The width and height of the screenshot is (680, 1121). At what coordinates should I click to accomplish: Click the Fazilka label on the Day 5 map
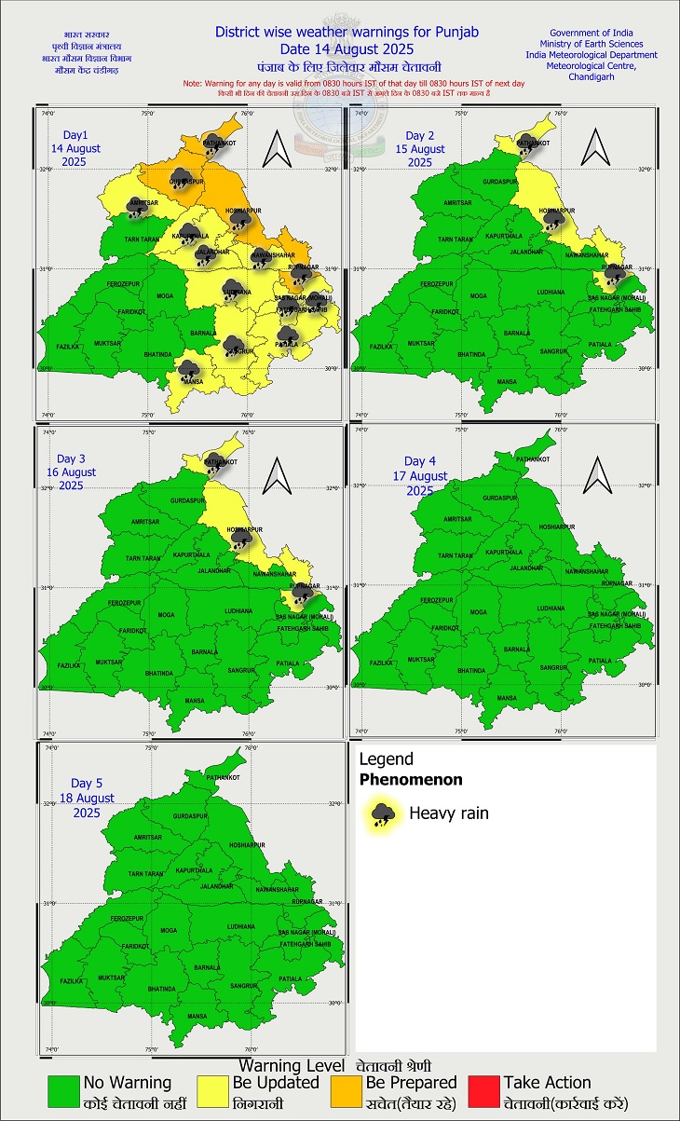[71, 981]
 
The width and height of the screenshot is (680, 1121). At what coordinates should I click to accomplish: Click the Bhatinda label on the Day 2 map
[471, 354]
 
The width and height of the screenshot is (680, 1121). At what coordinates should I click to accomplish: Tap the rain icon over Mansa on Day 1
[188, 370]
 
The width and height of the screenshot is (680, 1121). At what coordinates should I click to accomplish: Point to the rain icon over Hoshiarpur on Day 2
[554, 219]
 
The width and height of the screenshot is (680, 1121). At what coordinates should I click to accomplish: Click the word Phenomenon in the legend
[411, 780]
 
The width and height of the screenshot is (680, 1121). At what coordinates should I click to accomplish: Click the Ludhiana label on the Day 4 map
[552, 612]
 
